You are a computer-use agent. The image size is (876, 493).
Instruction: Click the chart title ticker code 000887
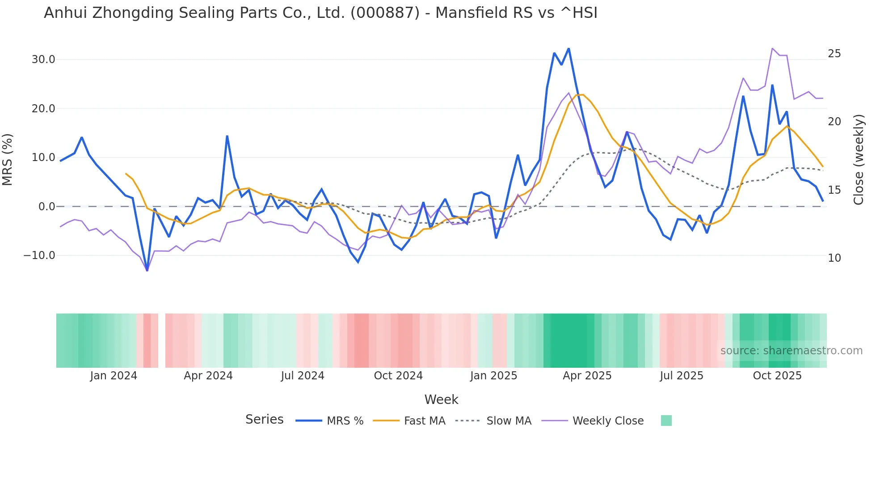coord(385,13)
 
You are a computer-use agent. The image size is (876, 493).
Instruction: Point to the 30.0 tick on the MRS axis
coord(43,59)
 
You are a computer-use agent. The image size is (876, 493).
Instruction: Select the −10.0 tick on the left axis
coord(39,255)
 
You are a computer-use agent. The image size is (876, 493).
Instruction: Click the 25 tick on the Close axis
coord(834,54)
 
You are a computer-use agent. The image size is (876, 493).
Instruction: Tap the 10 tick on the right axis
coord(834,258)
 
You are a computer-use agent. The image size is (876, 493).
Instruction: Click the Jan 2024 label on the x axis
coord(114,376)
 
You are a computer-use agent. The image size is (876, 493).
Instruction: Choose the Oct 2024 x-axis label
coord(398,376)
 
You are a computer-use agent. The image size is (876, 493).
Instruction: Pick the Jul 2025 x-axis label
coord(682,376)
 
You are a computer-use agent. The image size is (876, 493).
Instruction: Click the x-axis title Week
coord(441,399)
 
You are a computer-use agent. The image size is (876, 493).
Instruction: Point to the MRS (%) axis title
coord(8,159)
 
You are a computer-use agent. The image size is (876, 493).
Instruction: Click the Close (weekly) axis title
coord(858,159)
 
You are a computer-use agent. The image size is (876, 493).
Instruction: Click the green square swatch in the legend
coord(666,421)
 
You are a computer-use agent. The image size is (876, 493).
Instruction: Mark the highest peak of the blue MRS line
coord(569,48)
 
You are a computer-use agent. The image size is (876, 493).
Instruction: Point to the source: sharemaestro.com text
coord(791,351)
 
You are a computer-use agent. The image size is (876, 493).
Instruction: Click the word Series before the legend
coord(264,420)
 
